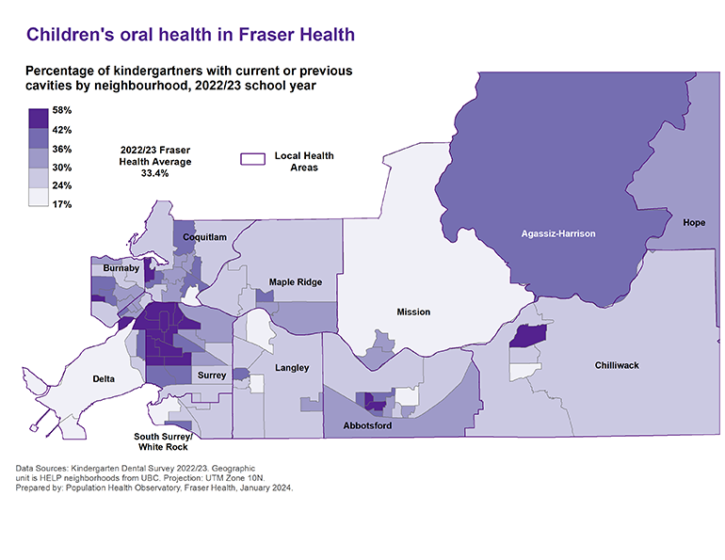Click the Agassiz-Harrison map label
[559, 232]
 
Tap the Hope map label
[694, 222]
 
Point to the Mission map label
[412, 312]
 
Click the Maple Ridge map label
[295, 281]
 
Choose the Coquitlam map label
[204, 238]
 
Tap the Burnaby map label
[121, 268]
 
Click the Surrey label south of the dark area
[211, 375]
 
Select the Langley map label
[292, 367]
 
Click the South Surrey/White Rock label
[163, 442]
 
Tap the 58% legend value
[62, 110]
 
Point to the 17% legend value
[62, 203]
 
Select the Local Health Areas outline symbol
[250, 161]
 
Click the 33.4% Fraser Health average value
[153, 174]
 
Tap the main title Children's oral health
[190, 35]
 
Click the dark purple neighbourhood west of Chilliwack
[527, 337]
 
